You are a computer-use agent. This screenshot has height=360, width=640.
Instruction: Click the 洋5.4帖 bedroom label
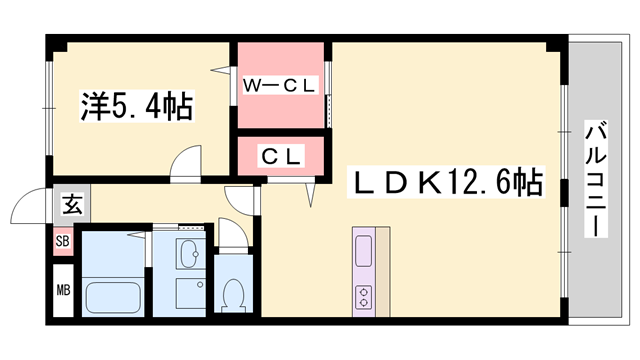point(137,105)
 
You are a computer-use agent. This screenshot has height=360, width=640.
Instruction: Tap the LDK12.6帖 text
point(445,182)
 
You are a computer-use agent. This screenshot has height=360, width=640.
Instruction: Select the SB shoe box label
point(62,242)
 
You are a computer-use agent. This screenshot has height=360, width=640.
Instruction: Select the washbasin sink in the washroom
point(188,253)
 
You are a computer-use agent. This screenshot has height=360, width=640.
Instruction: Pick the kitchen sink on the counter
point(363,250)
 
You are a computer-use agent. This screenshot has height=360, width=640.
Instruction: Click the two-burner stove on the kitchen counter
point(363,297)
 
